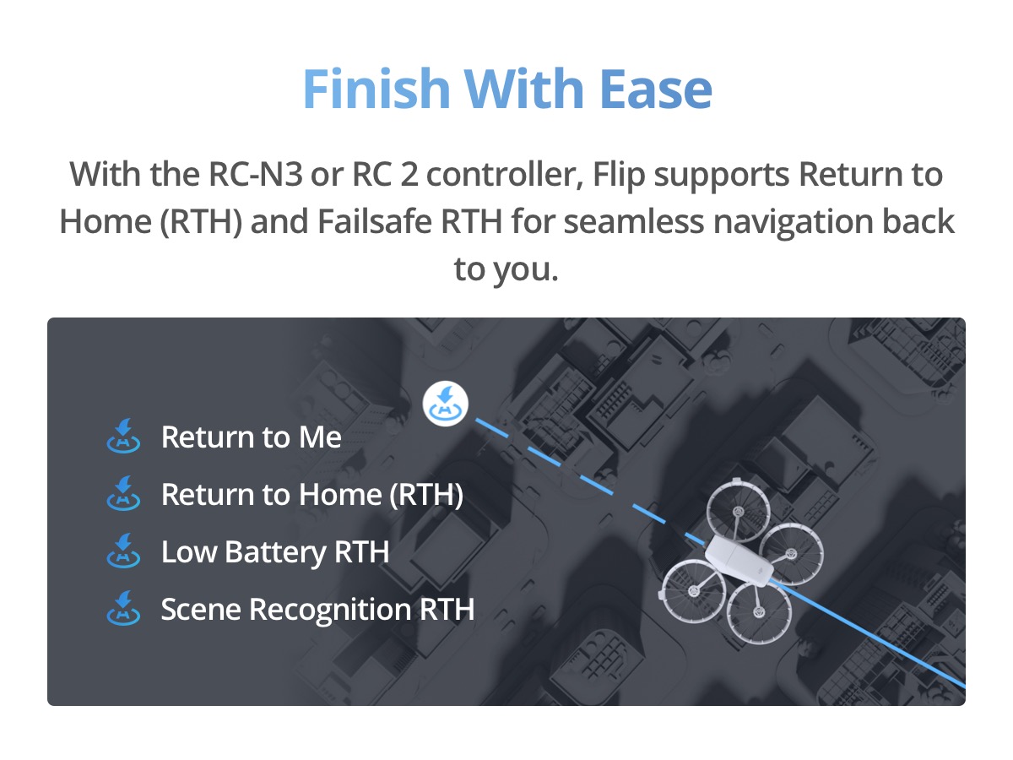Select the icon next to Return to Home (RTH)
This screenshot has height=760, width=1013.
(122, 495)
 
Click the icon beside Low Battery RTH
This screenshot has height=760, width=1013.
(122, 552)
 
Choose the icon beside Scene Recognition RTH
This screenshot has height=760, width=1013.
(122, 609)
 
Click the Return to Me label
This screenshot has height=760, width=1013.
(251, 437)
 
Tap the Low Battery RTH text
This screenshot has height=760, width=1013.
(275, 552)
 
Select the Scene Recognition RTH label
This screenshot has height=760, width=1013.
(317, 609)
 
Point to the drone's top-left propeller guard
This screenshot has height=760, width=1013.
(736, 513)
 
